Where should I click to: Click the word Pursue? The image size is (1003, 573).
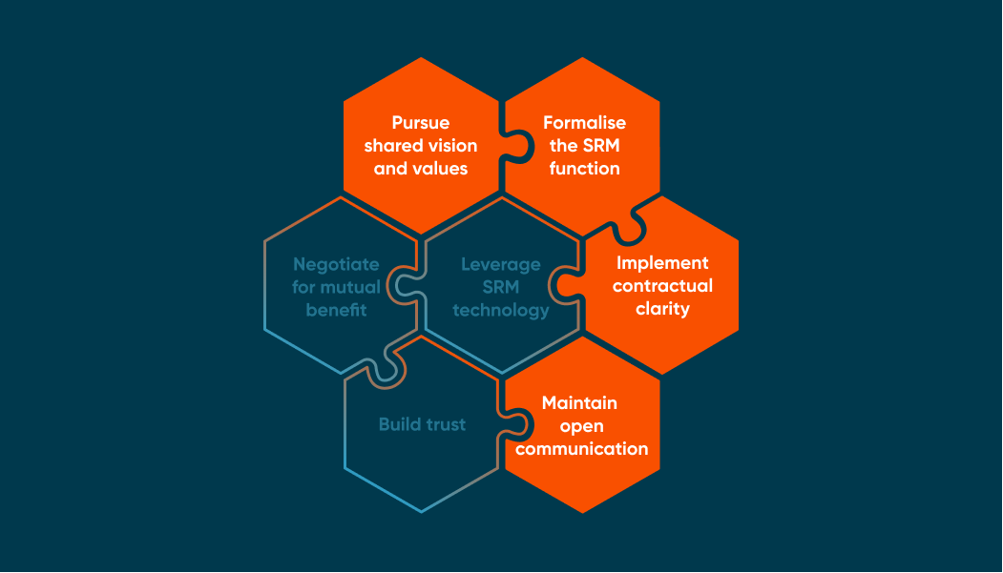[420, 123]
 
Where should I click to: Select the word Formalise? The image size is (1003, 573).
[584, 123]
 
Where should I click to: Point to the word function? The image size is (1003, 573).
[584, 169]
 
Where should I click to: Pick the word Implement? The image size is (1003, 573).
[662, 263]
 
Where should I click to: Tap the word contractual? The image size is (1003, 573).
[662, 286]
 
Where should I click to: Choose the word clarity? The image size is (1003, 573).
[662, 309]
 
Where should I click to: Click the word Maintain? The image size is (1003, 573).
[579, 403]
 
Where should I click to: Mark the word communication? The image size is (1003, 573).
[582, 449]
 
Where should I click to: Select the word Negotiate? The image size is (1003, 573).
[336, 264]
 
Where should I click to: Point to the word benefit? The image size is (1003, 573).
[336, 310]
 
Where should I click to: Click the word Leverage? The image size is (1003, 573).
[501, 264]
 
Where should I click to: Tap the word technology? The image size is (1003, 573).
[501, 310]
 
